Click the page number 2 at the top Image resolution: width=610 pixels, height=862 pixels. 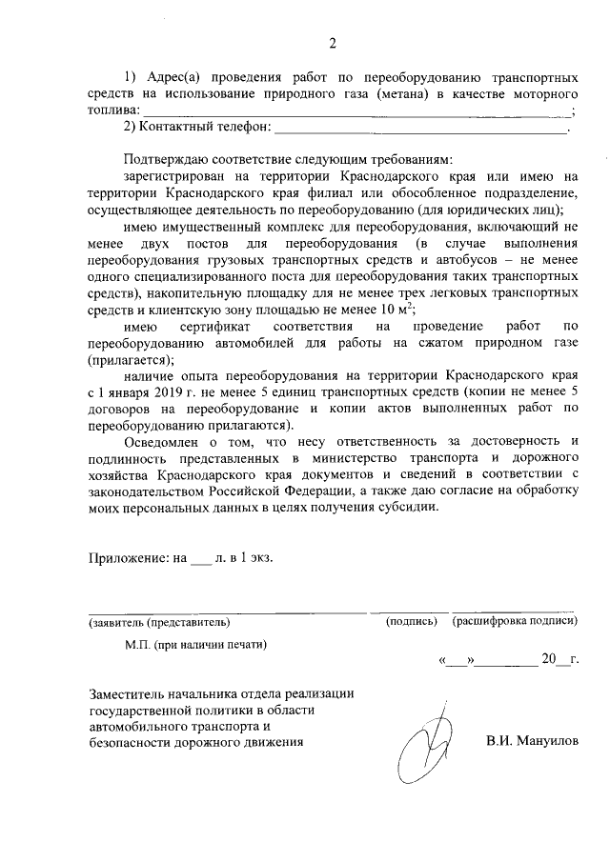pyautogui.click(x=334, y=43)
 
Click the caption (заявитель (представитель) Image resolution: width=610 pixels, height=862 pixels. pyautogui.click(x=159, y=622)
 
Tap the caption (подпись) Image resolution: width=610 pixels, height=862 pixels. pyautogui.click(x=411, y=622)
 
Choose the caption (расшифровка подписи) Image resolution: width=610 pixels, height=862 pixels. pyautogui.click(x=515, y=622)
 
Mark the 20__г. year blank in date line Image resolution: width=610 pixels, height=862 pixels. pyautogui.click(x=559, y=658)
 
